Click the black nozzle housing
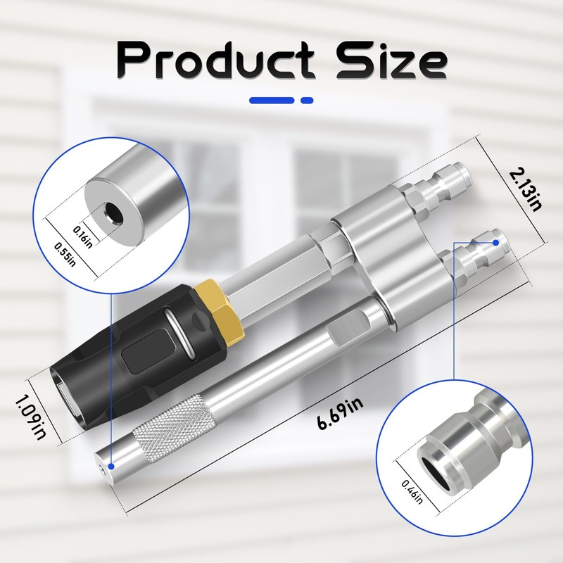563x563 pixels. (127, 352)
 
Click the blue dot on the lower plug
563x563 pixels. (497, 242)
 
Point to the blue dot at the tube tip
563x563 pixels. (110, 466)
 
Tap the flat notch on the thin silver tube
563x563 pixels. (345, 331)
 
